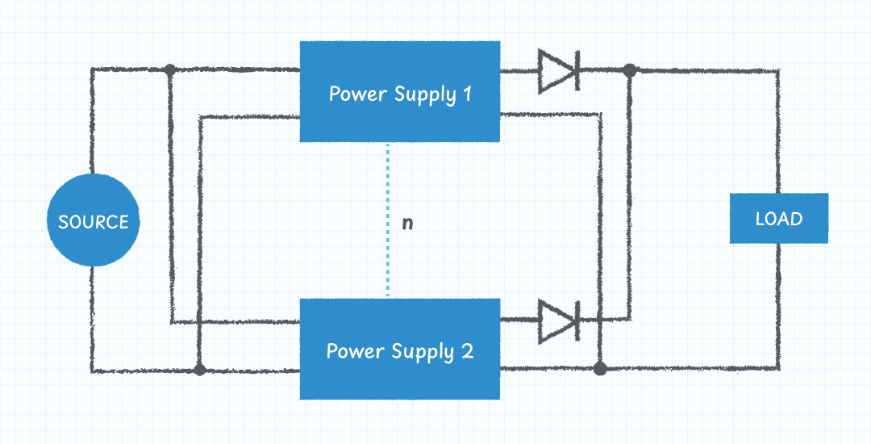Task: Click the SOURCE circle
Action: click(94, 221)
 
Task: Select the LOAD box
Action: click(779, 218)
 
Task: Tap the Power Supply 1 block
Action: click(400, 92)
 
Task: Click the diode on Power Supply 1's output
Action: click(559, 71)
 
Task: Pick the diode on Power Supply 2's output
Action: click(559, 320)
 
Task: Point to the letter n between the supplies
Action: click(407, 223)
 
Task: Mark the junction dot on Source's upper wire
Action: click(170, 70)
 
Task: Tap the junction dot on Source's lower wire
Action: click(200, 371)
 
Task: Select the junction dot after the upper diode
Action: click(630, 71)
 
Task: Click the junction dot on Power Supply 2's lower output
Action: click(599, 369)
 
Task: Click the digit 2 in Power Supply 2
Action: click(467, 351)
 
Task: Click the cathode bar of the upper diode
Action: click(577, 71)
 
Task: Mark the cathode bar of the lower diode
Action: click(577, 320)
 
